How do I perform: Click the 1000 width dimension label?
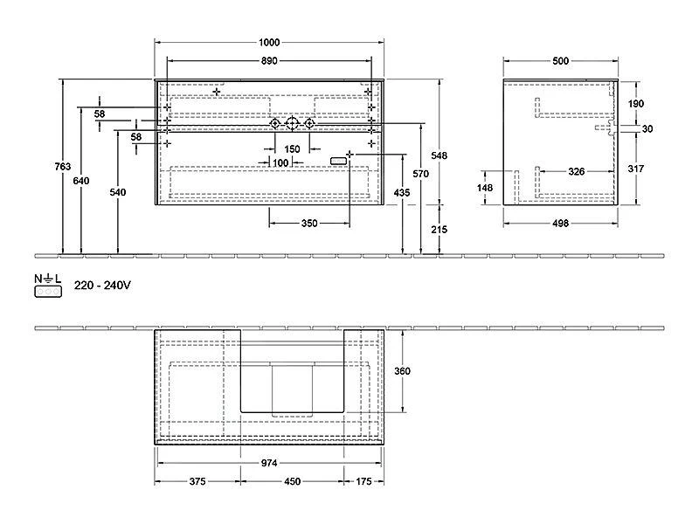pos(269,42)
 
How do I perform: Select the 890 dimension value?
pos(269,60)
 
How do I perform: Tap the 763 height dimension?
pos(62,166)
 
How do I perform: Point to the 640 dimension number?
pos(81,181)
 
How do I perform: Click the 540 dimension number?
pos(118,192)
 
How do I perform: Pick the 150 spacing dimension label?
pos(292,148)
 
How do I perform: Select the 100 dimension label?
pos(280,163)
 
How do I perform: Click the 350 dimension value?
pos(309,223)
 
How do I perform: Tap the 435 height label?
pos(402,192)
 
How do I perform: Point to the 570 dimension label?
pos(420,173)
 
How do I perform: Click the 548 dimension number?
pos(439,155)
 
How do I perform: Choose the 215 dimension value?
pos(439,229)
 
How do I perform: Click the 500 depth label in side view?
pos(560,60)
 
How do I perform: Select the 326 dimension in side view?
pos(577,171)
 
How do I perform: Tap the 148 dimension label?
pos(485,188)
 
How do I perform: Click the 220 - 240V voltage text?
pos(102,286)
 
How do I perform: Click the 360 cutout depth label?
pos(402,370)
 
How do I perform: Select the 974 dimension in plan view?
pos(269,463)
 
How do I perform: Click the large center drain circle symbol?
pos(292,123)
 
